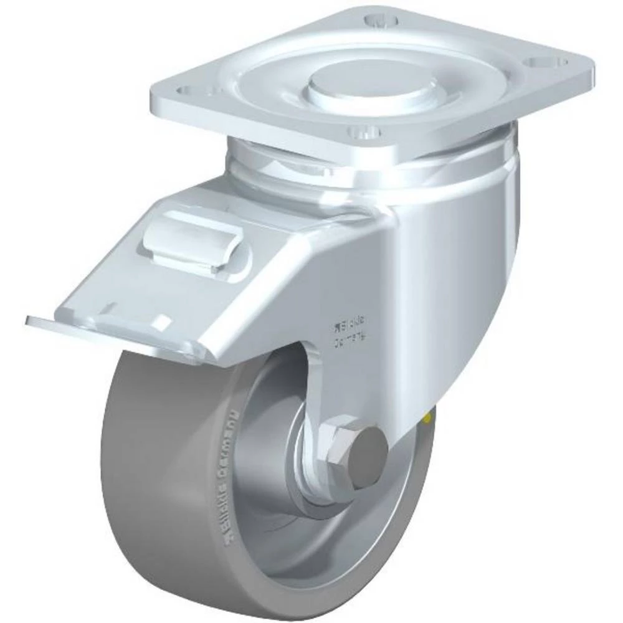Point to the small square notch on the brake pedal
tap(163, 321)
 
